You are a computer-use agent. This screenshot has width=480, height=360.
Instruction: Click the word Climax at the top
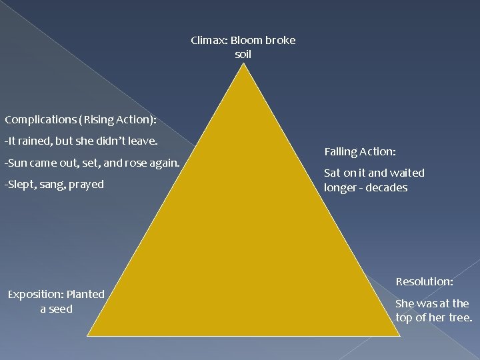point(209,40)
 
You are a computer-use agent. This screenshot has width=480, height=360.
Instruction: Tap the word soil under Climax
point(243,54)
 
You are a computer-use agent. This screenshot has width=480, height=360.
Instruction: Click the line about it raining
point(81,141)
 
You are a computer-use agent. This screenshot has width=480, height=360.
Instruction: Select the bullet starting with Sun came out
point(92,163)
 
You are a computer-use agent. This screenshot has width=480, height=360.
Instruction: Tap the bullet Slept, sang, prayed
point(54,184)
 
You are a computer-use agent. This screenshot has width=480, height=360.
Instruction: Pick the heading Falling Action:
point(359,152)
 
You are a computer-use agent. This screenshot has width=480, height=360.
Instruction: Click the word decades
point(385,188)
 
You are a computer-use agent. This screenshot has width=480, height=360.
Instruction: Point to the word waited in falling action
point(407,173)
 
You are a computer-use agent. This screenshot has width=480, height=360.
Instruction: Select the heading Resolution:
point(424,281)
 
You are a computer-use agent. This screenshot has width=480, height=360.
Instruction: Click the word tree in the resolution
point(459,317)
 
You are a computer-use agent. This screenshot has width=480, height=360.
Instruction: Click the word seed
point(61,309)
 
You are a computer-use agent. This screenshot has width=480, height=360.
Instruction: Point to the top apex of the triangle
point(244,64)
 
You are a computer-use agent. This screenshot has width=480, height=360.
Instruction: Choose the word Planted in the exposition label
point(85,294)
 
